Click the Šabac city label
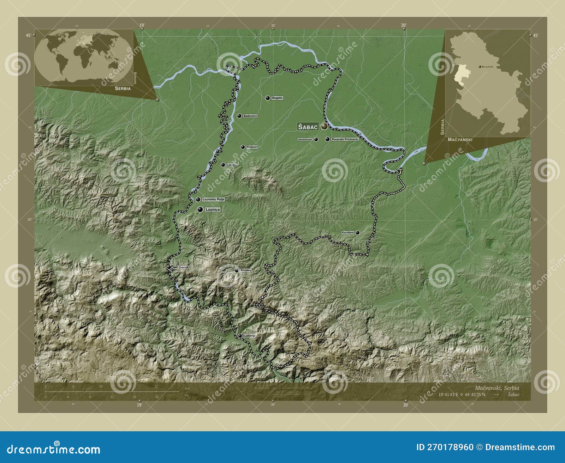308,127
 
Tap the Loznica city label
212,209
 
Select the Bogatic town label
277,98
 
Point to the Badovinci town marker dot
239,116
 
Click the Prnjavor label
252,147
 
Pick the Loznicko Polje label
213,200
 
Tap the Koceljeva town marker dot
357,232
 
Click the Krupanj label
245,270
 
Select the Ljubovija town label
249,336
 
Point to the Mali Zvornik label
180,267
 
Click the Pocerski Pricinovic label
345,139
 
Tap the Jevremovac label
305,140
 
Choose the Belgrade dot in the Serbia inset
480,66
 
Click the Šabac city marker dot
324,126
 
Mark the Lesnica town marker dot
223,165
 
